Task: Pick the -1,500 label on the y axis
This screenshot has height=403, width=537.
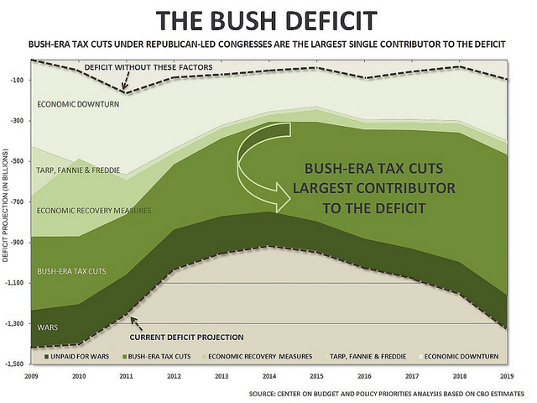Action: point(14,364)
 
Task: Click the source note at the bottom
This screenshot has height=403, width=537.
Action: point(386,393)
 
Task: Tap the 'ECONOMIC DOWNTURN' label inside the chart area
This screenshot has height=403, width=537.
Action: point(78,104)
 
